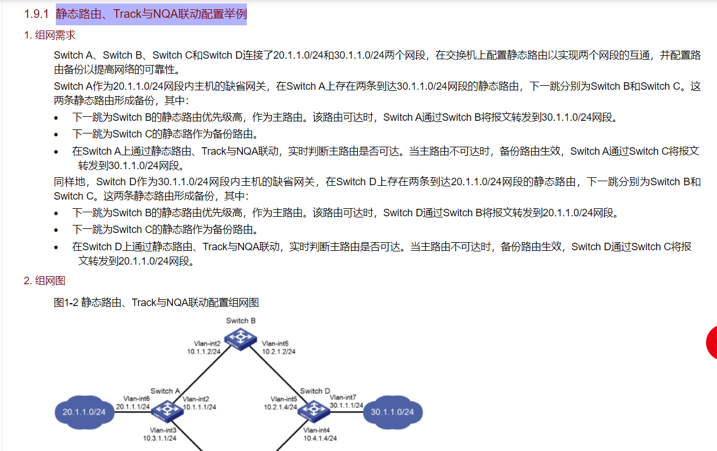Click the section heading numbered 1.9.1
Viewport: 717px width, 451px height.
[x=151, y=14]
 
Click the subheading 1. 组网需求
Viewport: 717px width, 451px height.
[x=50, y=35]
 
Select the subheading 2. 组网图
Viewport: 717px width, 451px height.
[x=45, y=281]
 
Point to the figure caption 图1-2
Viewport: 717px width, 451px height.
[x=156, y=302]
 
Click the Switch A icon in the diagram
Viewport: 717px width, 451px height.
[x=166, y=410]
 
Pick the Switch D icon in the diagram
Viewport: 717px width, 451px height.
[x=314, y=410]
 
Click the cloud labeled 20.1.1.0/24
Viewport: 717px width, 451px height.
[x=84, y=412]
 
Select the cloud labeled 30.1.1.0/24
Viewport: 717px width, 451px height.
[x=392, y=412]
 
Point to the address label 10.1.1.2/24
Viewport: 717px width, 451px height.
[x=204, y=350]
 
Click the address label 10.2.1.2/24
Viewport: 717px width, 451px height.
[x=279, y=351]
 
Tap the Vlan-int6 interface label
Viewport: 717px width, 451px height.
[x=136, y=399]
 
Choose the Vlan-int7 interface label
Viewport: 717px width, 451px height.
[x=343, y=398]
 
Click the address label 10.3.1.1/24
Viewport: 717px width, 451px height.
[x=159, y=438]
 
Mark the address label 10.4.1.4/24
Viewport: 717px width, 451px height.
[x=320, y=438]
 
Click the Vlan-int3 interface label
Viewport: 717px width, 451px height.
[x=163, y=430]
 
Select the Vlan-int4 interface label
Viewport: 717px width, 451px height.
[x=316, y=430]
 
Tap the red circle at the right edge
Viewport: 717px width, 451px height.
[x=712, y=343]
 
